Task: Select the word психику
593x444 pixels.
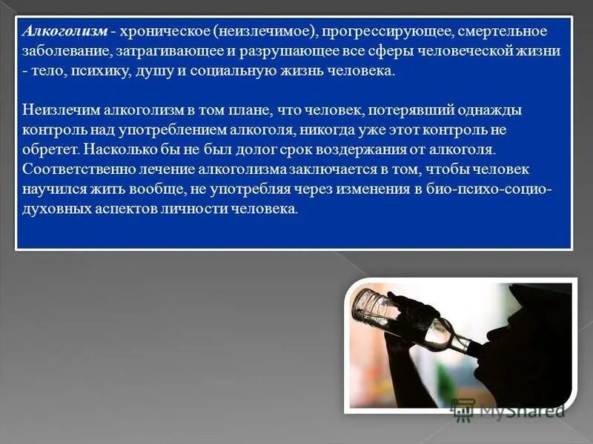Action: pyautogui.click(x=97, y=73)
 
